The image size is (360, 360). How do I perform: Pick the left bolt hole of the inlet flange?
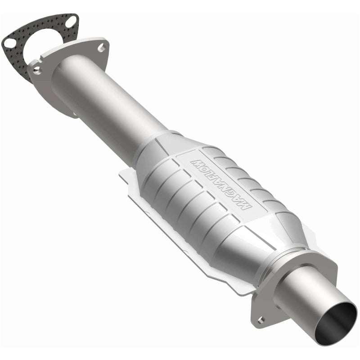click(x=36, y=69)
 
